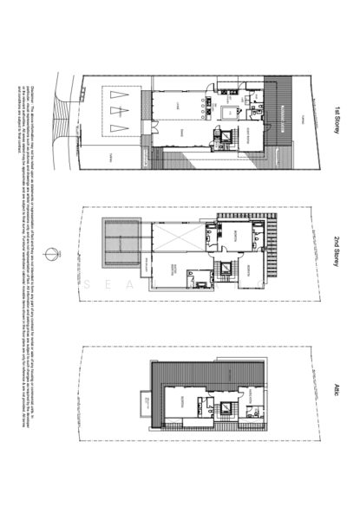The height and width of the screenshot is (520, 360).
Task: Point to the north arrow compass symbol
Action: tap(55, 253)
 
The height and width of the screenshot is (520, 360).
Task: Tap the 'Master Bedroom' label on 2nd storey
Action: tap(176, 269)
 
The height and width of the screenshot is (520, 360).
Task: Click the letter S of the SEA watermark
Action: tap(89, 283)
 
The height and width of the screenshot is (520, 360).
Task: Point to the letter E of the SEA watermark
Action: tap(109, 283)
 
